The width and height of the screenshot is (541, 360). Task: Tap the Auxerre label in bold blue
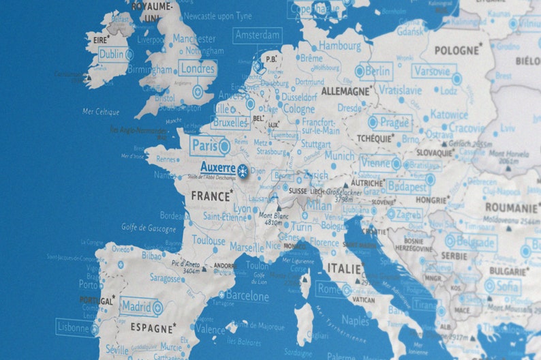[x=217, y=168]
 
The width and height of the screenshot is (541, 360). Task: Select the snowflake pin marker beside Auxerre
[x=242, y=170]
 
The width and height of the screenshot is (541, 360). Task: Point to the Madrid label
[x=137, y=306]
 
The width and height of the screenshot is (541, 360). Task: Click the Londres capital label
[x=198, y=69]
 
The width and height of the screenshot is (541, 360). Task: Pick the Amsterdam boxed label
[x=257, y=35]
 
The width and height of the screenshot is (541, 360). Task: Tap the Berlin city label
[x=377, y=71]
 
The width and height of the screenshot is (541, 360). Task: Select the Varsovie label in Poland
[x=433, y=71]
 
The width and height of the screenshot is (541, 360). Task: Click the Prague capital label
[x=395, y=123]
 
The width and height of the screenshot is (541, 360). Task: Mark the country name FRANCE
[x=211, y=196]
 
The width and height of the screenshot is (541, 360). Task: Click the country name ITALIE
[x=344, y=268]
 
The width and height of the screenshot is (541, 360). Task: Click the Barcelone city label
[x=247, y=297]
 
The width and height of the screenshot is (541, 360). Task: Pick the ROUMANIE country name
[x=511, y=207]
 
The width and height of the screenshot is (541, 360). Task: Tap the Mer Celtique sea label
[x=100, y=112]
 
